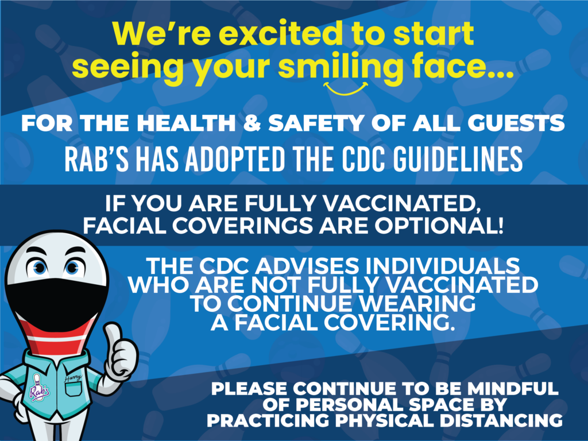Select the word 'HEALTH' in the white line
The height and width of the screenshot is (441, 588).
click(186, 123)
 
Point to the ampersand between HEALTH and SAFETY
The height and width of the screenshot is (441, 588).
click(252, 123)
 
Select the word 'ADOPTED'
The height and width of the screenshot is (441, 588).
click(235, 159)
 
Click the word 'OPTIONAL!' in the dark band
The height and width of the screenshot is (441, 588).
click(439, 226)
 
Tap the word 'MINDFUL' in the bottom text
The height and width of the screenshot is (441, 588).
click(513, 389)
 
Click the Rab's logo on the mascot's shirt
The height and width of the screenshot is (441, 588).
click(39, 388)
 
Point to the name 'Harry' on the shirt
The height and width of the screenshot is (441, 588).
click(72, 377)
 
